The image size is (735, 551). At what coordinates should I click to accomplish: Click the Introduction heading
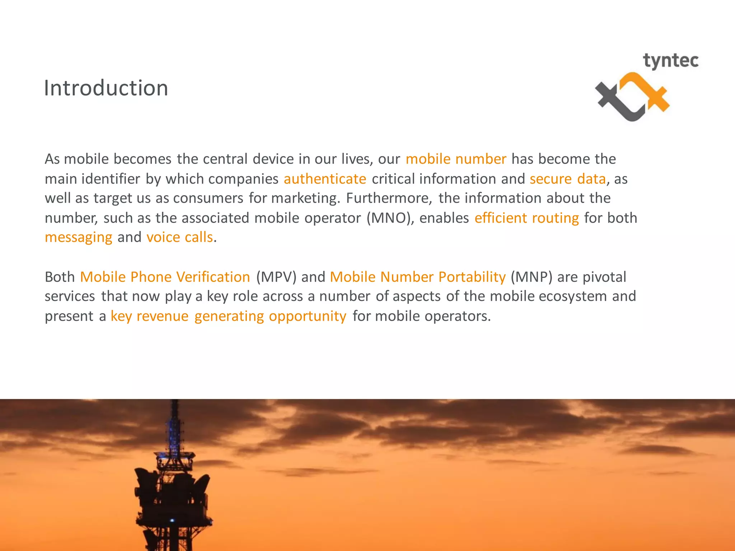[x=106, y=88]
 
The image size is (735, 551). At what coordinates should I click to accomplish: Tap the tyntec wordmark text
[x=670, y=61]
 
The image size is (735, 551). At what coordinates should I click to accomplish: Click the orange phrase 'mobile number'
[x=456, y=159]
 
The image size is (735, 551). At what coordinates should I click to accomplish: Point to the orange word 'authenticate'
[x=325, y=179]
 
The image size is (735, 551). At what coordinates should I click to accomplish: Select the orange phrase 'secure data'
[x=567, y=179]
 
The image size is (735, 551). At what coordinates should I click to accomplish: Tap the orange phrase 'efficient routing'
[x=526, y=218]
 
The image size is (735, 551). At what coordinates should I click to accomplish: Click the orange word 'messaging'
[x=79, y=237]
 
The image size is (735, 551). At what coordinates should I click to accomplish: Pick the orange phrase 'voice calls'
[x=179, y=237]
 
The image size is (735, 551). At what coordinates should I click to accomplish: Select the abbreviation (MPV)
[x=276, y=277]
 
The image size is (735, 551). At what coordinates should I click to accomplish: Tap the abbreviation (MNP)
[x=531, y=277]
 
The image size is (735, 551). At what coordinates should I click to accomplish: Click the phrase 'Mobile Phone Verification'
[x=165, y=277]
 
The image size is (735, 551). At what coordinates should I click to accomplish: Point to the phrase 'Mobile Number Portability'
[x=417, y=277]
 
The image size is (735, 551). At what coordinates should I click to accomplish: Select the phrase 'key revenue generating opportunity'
[x=228, y=316]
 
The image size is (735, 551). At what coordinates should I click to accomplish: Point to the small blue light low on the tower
[x=172, y=520]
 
